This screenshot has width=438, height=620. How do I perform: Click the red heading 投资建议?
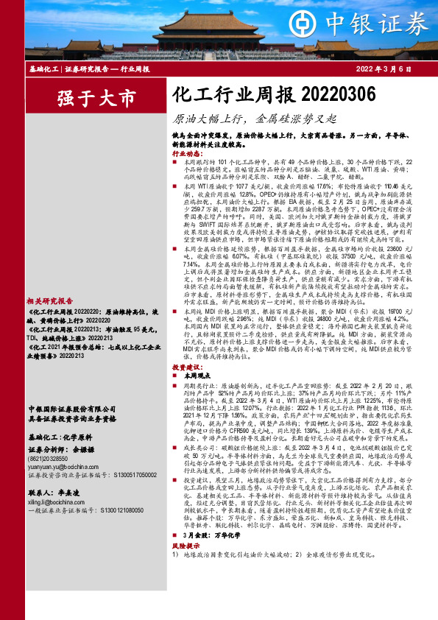click(x=186, y=407)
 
